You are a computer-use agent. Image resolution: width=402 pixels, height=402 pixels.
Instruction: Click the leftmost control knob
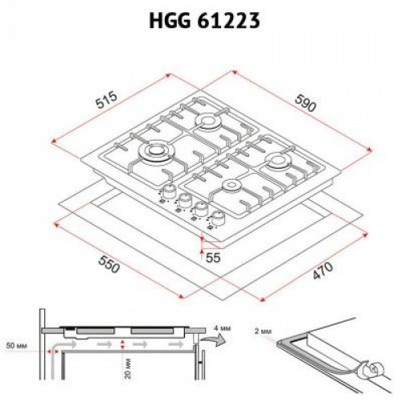170,193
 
